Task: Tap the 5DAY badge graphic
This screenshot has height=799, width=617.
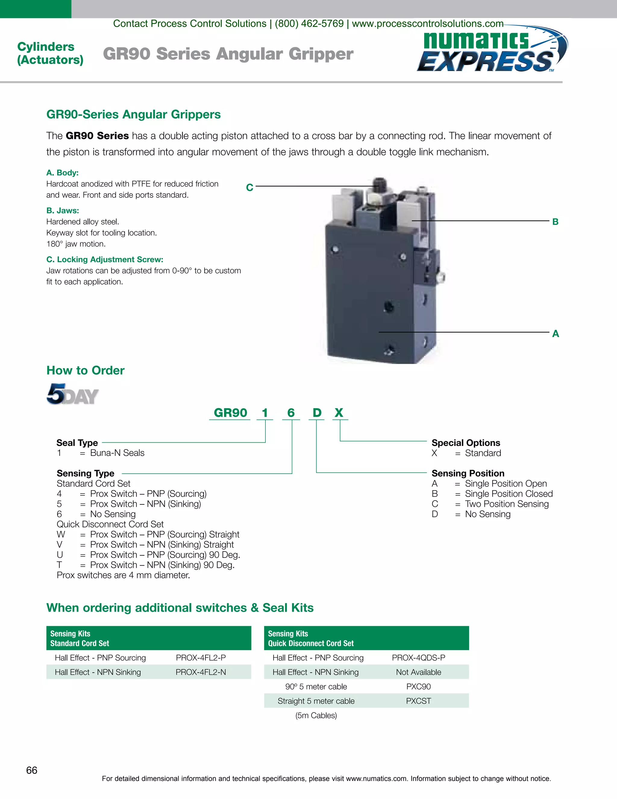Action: click(73, 394)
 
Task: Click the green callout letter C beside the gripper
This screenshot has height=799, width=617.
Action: click(250, 188)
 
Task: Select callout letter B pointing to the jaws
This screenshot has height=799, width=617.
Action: click(555, 222)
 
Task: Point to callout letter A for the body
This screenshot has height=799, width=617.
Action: click(556, 334)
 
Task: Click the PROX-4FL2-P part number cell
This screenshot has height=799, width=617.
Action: click(201, 658)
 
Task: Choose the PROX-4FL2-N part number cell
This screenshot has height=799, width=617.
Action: click(201, 672)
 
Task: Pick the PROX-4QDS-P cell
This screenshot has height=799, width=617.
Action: click(418, 658)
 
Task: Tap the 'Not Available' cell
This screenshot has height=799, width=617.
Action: click(418, 672)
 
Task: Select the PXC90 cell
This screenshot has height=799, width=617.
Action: click(418, 687)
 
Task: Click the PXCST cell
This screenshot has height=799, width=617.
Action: click(418, 701)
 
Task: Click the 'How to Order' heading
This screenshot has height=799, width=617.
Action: click(86, 371)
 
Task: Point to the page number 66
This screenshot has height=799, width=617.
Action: click(32, 770)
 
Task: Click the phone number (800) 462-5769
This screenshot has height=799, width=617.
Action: click(309, 24)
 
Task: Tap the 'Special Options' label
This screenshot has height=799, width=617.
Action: click(466, 443)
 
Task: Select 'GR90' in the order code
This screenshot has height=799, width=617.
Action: click(230, 413)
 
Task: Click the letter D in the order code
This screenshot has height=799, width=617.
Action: click(317, 413)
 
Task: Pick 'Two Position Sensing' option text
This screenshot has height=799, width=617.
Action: click(507, 504)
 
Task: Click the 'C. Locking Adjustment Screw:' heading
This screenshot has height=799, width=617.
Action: click(105, 259)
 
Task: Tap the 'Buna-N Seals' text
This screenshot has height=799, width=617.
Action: click(117, 453)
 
